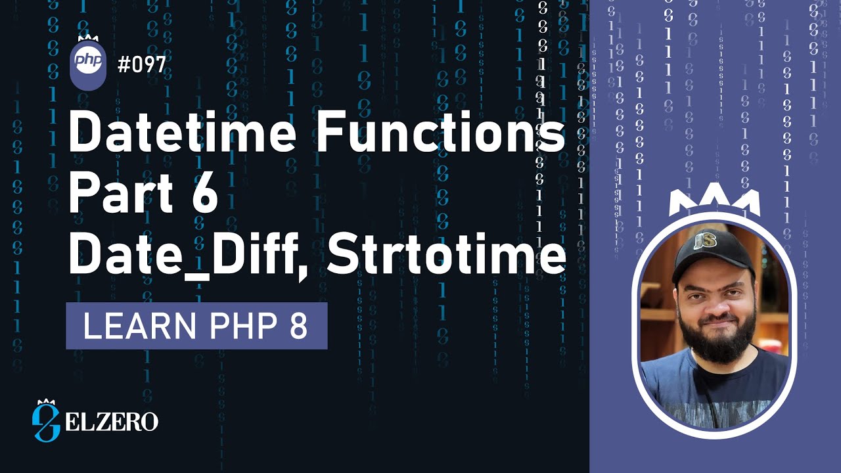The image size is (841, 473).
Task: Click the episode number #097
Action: click(141, 65)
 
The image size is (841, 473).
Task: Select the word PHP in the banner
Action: click(235, 326)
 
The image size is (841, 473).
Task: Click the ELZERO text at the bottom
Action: click(112, 421)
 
